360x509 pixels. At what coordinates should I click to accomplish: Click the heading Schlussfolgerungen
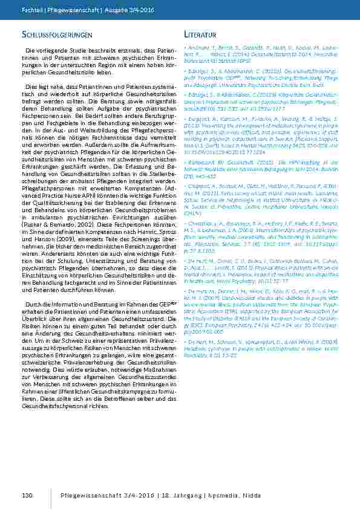(x=57, y=34)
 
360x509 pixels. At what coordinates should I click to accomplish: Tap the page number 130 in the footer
(x=27, y=496)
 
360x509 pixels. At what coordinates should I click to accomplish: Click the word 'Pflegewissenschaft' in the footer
(x=88, y=496)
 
